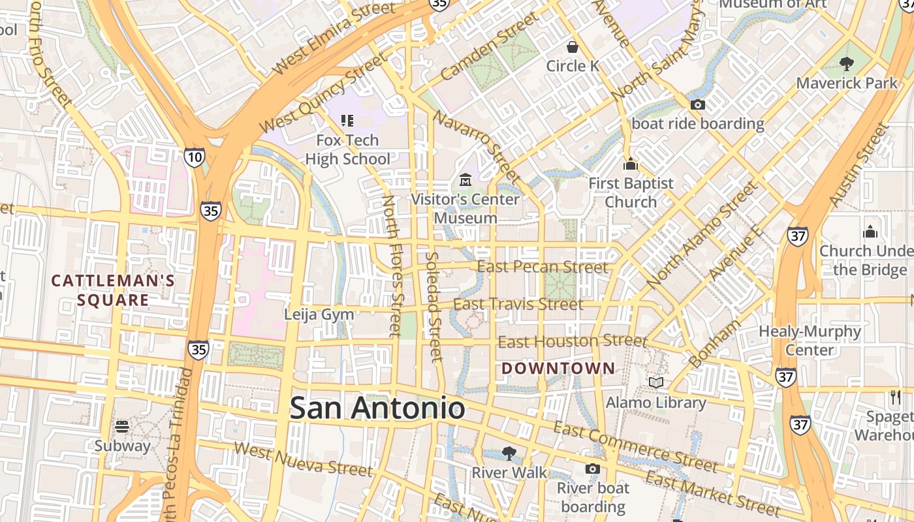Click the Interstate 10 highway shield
[x=194, y=157]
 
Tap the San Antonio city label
[x=377, y=408]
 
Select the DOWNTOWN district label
[x=558, y=369]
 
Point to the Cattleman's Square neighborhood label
[x=113, y=290]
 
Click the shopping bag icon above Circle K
[x=573, y=47]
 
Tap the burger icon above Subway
[x=122, y=427]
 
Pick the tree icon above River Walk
[x=509, y=453]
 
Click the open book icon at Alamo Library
[x=656, y=382]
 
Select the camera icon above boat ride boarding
[x=697, y=105]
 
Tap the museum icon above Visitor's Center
[x=465, y=179]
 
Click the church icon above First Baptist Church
[x=630, y=164]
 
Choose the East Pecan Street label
[x=543, y=267]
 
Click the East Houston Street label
[x=573, y=341]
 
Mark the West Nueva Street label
[x=303, y=459]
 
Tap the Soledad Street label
[x=434, y=307]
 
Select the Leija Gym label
[x=319, y=315]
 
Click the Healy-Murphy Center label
[x=810, y=341]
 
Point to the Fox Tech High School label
[x=347, y=149]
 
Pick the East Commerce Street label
[x=635, y=446]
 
